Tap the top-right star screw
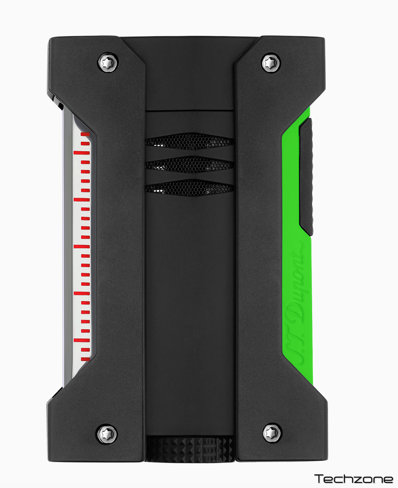271,63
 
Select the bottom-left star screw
108,433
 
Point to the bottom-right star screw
273,432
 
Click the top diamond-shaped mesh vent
189,141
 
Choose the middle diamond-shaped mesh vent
189,165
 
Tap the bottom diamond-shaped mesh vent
189,188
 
